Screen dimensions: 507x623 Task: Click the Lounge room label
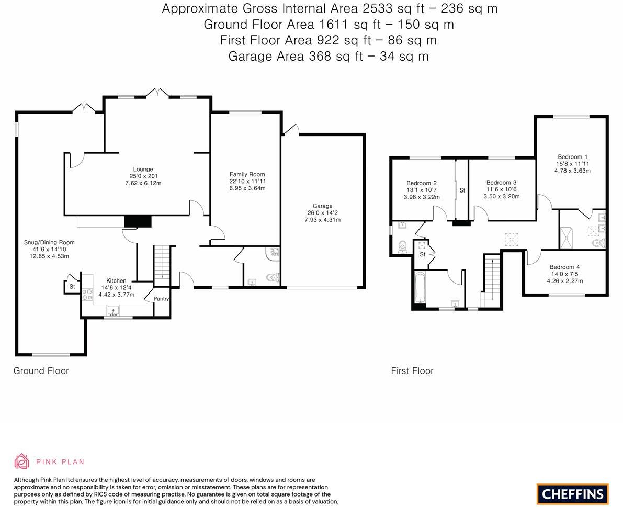[x=143, y=169]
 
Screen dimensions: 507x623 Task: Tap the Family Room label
[x=247, y=174]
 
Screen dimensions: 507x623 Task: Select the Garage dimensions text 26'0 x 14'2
[x=322, y=213]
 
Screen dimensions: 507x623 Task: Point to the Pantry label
[x=161, y=299]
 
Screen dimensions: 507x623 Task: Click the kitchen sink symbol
[x=113, y=312]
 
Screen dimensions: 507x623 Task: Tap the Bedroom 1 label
[x=572, y=156]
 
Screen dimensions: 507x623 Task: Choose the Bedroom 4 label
[x=564, y=267]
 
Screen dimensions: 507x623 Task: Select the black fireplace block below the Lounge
[x=138, y=221]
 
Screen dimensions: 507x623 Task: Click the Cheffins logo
[x=572, y=494]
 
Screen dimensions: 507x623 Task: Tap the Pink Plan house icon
[x=21, y=461]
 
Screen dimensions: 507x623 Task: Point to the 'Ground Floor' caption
[x=41, y=370]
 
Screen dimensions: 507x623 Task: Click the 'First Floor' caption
[x=412, y=370]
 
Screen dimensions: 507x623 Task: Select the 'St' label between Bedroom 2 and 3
[x=462, y=190]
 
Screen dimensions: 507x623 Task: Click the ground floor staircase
[x=162, y=264]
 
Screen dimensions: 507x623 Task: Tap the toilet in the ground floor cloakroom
[x=271, y=277]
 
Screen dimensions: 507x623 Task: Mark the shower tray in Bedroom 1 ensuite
[x=567, y=237]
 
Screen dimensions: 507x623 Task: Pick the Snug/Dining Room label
[x=49, y=242]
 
